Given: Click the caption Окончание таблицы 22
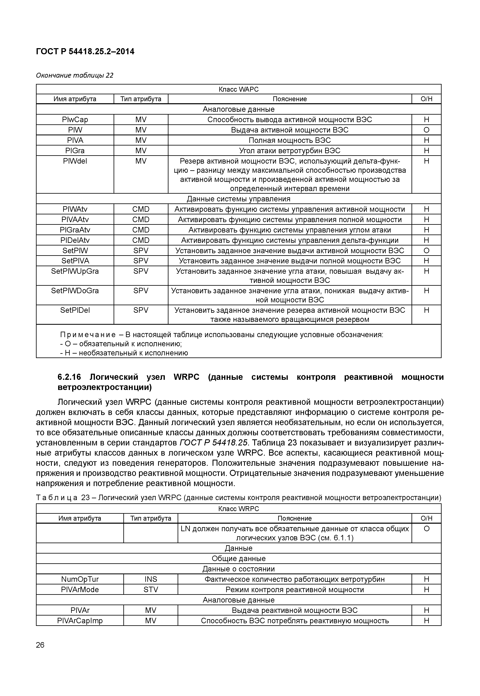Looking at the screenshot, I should click(x=75, y=75).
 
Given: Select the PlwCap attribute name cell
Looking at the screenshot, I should click(x=75, y=120).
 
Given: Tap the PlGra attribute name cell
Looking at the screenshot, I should click(x=75, y=150).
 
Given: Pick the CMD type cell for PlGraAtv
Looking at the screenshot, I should click(x=141, y=230).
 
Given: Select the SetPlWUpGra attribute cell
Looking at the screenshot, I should click(x=75, y=271).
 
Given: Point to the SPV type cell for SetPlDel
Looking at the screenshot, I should click(x=141, y=310).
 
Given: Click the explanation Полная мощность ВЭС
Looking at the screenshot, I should click(x=289, y=140).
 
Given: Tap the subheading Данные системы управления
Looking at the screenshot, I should click(x=239, y=199).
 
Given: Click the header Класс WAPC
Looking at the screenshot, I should click(x=239, y=89).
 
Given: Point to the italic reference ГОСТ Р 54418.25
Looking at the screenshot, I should click(x=214, y=443).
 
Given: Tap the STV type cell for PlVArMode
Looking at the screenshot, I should click(x=150, y=590).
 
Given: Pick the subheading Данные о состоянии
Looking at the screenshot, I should click(x=239, y=569).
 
